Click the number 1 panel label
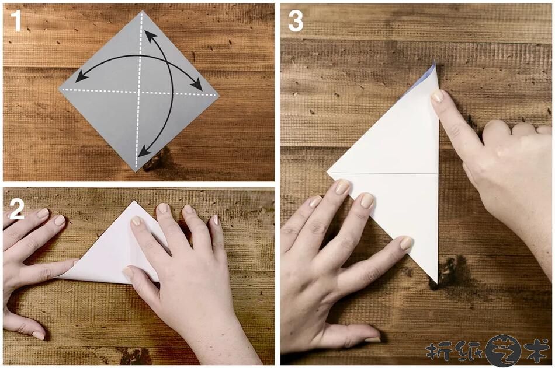pos(16,21)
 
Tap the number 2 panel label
pos(17,209)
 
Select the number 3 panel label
pos(296,21)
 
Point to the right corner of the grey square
pos(218,96)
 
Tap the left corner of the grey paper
pos(59,89)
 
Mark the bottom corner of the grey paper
pos(135,171)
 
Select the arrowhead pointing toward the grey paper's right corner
pos(196,85)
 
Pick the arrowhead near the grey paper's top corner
pos(150,36)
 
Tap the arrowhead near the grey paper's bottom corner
pos(144,152)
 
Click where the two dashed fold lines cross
pos(140,92)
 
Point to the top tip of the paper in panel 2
pos(134,202)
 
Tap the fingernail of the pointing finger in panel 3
pos(437,96)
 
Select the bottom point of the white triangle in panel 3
pos(437,282)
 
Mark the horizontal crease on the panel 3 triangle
pos(383,173)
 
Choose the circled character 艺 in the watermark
pos(503,351)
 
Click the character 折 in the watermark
pos(436,351)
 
